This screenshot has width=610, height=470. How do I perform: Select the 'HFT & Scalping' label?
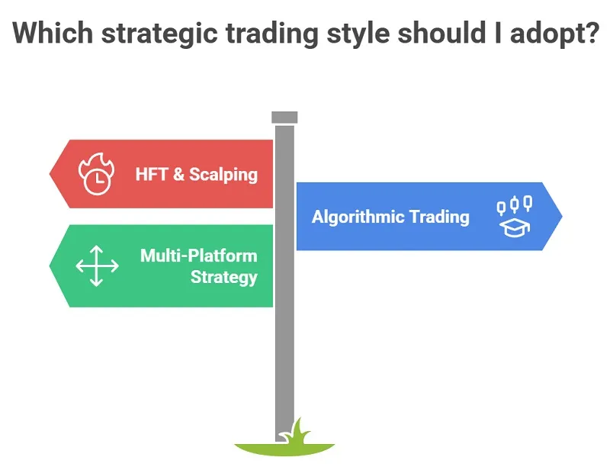pyautogui.click(x=196, y=174)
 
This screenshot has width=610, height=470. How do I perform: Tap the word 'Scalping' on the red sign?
pyautogui.click(x=223, y=174)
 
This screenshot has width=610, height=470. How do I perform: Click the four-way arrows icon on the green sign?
pyautogui.click(x=97, y=266)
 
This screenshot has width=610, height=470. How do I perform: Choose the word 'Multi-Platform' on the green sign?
pyautogui.click(x=198, y=256)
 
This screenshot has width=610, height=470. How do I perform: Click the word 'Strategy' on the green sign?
pyautogui.click(x=223, y=276)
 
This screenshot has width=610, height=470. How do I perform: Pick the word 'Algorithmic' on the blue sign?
pyautogui.click(x=358, y=217)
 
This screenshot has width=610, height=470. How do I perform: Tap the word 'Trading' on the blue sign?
pyautogui.click(x=438, y=217)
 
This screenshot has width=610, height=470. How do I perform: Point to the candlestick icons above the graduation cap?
pyautogui.click(x=515, y=204)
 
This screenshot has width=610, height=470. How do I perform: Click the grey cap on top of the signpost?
pyautogui.click(x=284, y=117)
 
